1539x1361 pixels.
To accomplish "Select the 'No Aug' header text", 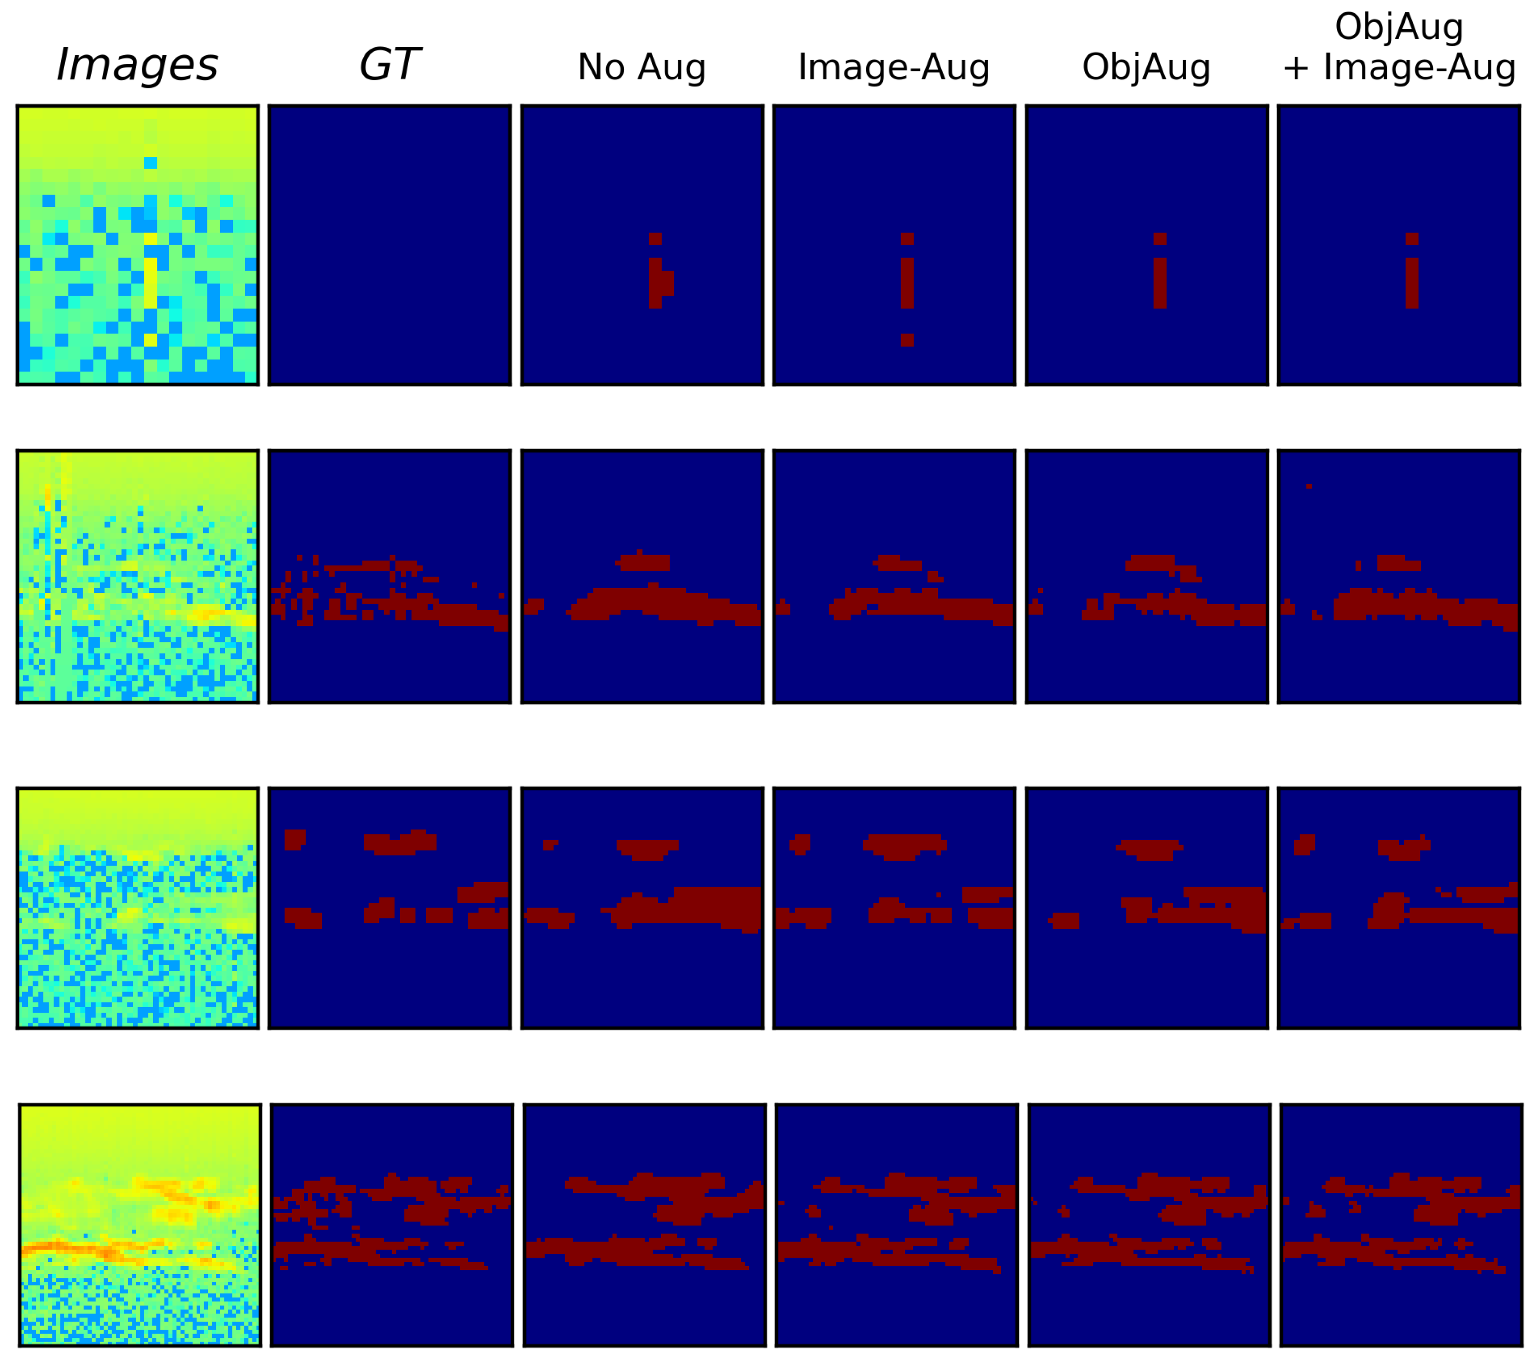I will click(642, 67).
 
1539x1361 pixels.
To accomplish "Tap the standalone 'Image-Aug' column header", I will click(894, 67).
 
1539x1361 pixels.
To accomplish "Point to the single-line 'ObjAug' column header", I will click(1146, 67).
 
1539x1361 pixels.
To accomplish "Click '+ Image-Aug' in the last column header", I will click(1399, 67).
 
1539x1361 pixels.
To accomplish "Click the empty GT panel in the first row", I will click(389, 245).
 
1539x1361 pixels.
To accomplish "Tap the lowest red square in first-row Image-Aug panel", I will click(907, 340).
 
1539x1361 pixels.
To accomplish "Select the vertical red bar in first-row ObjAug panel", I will click(1160, 282).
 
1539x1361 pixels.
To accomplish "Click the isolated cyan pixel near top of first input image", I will click(151, 163).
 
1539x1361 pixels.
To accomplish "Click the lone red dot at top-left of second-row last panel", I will click(1309, 486).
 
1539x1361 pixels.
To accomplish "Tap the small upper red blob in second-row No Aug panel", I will click(644, 562).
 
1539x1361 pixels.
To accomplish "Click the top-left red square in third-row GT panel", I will click(294, 839).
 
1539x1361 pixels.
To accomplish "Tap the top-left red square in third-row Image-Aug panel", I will click(800, 843).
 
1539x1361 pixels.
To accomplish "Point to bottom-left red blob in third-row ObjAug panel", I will click(1065, 920).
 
